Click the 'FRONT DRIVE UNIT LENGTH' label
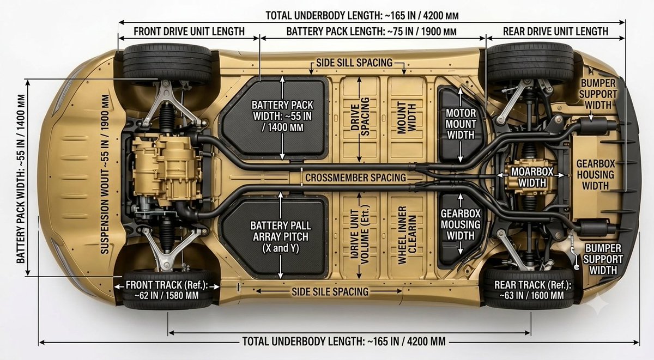pyautogui.click(x=189, y=32)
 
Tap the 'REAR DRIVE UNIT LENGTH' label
pyautogui.click(x=555, y=32)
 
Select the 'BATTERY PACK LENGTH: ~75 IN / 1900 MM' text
pyautogui.click(x=371, y=32)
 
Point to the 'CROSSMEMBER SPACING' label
pyautogui.click(x=355, y=178)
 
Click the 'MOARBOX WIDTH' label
pyautogui.click(x=532, y=177)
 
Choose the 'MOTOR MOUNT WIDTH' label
pyautogui.click(x=461, y=124)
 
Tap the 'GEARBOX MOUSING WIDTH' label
pyautogui.click(x=461, y=224)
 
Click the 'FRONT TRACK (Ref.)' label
pyautogui.click(x=167, y=285)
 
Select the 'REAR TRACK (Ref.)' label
pyautogui.click(x=532, y=285)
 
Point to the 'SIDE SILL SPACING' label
pyautogui.click(x=354, y=63)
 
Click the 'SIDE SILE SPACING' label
pyautogui.click(x=330, y=291)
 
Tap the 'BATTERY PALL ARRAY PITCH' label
pyautogui.click(x=281, y=231)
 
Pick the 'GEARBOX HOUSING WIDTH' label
pyautogui.click(x=596, y=175)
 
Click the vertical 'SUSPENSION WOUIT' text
pyautogui.click(x=105, y=174)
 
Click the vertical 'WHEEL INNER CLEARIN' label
pyautogui.click(x=407, y=235)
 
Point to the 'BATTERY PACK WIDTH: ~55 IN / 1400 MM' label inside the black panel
pyautogui.click(x=282, y=116)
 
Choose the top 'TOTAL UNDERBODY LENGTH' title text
pyautogui.click(x=362, y=15)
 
